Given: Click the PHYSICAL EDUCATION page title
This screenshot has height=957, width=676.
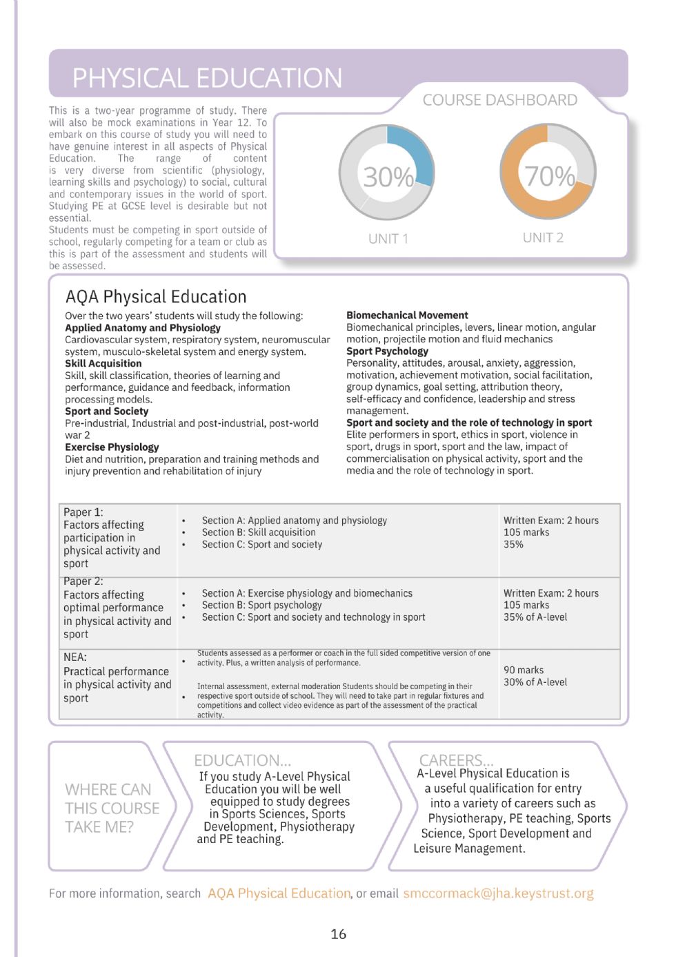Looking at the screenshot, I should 207,78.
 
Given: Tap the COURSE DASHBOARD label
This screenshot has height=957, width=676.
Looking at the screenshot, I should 499,100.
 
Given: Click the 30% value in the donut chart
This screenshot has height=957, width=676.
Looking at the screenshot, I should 388,177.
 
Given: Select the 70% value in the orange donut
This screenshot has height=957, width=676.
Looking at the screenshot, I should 549,176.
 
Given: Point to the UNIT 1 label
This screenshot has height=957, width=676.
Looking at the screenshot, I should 388,239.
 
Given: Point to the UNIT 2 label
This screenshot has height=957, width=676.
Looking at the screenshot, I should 543,238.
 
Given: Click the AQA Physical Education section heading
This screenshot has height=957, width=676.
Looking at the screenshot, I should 156,297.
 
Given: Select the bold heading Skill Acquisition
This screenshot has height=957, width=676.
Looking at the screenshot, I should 103,363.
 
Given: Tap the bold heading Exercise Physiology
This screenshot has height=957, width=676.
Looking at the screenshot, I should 112,447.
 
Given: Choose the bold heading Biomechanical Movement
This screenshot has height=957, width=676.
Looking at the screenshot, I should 407,315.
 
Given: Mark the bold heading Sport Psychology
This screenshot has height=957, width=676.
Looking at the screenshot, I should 387,351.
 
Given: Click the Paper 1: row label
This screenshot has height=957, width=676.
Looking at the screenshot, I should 83,512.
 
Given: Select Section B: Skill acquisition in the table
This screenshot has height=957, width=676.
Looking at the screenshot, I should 259,532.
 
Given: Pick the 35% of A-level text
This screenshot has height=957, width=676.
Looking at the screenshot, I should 535,617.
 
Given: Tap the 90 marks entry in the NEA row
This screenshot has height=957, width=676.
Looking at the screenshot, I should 524,670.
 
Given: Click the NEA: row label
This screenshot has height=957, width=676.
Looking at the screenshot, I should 75,657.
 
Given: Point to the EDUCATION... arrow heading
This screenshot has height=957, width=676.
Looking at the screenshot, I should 242,760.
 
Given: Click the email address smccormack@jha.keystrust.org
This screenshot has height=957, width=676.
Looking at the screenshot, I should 498,893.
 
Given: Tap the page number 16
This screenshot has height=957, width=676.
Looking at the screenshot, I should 338,934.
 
